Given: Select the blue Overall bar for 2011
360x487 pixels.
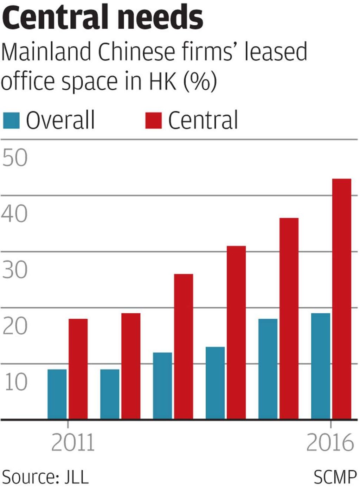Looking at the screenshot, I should pyautogui.click(x=57, y=394).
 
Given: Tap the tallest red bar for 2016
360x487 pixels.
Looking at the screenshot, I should pyautogui.click(x=342, y=299).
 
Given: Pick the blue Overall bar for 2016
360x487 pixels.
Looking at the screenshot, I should pyautogui.click(x=321, y=366).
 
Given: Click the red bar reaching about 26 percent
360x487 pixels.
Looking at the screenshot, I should pyautogui.click(x=184, y=346).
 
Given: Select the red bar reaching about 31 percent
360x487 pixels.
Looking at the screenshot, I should pyautogui.click(x=236, y=332).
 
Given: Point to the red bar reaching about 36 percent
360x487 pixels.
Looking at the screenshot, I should pyautogui.click(x=289, y=318).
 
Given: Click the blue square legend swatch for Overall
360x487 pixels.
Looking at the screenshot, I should pyautogui.click(x=11, y=120).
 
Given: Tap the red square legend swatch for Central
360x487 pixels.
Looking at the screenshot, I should pyautogui.click(x=153, y=120).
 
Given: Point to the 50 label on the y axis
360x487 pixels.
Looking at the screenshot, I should pyautogui.click(x=15, y=158).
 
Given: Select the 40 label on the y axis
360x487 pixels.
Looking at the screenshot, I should pyautogui.click(x=15, y=214).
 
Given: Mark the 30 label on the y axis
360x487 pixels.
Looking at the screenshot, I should pyautogui.click(x=15, y=270).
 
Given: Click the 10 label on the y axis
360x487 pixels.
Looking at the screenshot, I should pyautogui.click(x=15, y=382).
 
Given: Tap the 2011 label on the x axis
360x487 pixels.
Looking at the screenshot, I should pyautogui.click(x=73, y=442).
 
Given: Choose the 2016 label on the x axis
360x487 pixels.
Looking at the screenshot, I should pyautogui.click(x=330, y=442).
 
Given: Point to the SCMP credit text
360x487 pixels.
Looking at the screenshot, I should pyautogui.click(x=335, y=477).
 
